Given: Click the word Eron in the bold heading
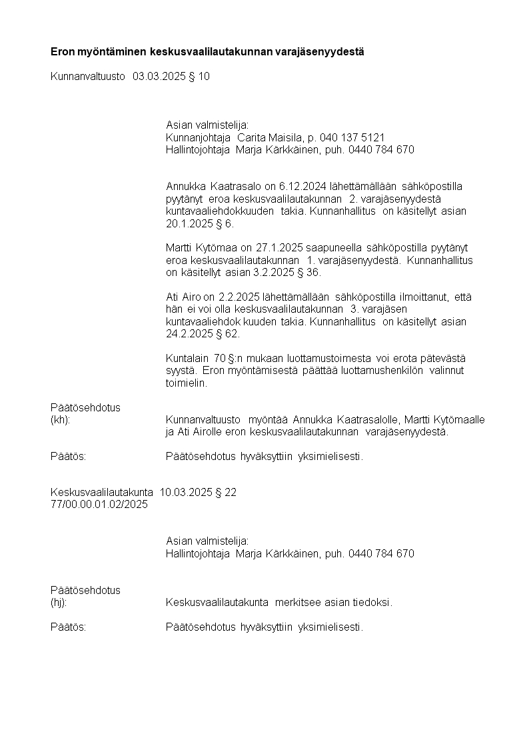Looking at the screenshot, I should [62, 51].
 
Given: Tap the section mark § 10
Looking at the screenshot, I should [199, 77].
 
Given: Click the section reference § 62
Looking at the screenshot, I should [226, 333].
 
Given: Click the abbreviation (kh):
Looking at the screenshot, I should [61, 419].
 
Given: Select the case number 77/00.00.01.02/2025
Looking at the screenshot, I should [99, 505].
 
